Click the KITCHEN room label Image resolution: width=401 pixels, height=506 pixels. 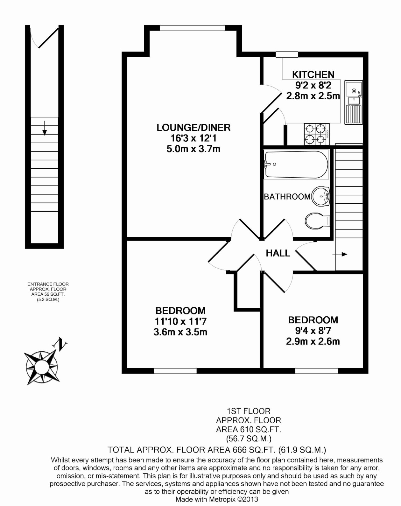click(x=313, y=74)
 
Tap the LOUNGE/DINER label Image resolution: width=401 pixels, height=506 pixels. click(x=193, y=128)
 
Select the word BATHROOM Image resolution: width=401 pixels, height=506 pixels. click(x=287, y=197)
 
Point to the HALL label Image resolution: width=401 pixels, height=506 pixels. click(x=278, y=253)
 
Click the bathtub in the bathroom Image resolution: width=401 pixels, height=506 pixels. click(x=296, y=164)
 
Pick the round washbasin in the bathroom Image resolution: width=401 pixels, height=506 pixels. click(x=320, y=197)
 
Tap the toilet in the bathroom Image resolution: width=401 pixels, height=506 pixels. click(x=317, y=221)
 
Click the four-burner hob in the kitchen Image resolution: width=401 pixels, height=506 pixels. click(x=317, y=134)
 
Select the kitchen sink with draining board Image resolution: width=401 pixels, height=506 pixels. click(x=354, y=102)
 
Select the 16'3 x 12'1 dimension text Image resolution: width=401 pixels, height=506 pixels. click(x=193, y=138)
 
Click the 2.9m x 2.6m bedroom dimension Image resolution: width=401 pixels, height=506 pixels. click(x=313, y=341)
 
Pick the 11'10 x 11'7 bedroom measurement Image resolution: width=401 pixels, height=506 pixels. click(x=180, y=321)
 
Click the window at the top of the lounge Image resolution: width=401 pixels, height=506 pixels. click(x=192, y=28)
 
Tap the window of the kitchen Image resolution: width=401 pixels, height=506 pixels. click(x=287, y=54)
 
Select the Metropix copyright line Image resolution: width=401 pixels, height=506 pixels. click(x=217, y=499)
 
